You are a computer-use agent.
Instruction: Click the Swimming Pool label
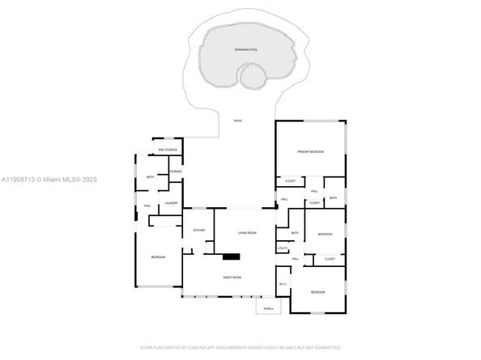point(246,50)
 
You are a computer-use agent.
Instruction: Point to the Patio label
point(238,121)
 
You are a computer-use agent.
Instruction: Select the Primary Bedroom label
point(310,152)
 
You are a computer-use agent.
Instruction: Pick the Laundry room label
point(172,203)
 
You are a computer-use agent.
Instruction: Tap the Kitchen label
point(198,231)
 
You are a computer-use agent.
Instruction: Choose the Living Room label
point(247,233)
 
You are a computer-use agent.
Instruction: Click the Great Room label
point(232,277)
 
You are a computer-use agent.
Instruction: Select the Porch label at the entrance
point(268,307)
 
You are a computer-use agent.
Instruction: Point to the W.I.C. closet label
point(283,284)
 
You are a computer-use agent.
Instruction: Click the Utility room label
point(283,248)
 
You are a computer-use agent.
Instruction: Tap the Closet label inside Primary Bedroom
point(289,181)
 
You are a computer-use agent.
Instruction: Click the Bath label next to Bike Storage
point(150,176)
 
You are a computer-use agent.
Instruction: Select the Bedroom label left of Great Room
point(158,257)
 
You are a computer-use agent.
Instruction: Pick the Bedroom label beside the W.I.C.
point(318,292)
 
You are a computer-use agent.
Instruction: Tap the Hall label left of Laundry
point(147,205)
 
